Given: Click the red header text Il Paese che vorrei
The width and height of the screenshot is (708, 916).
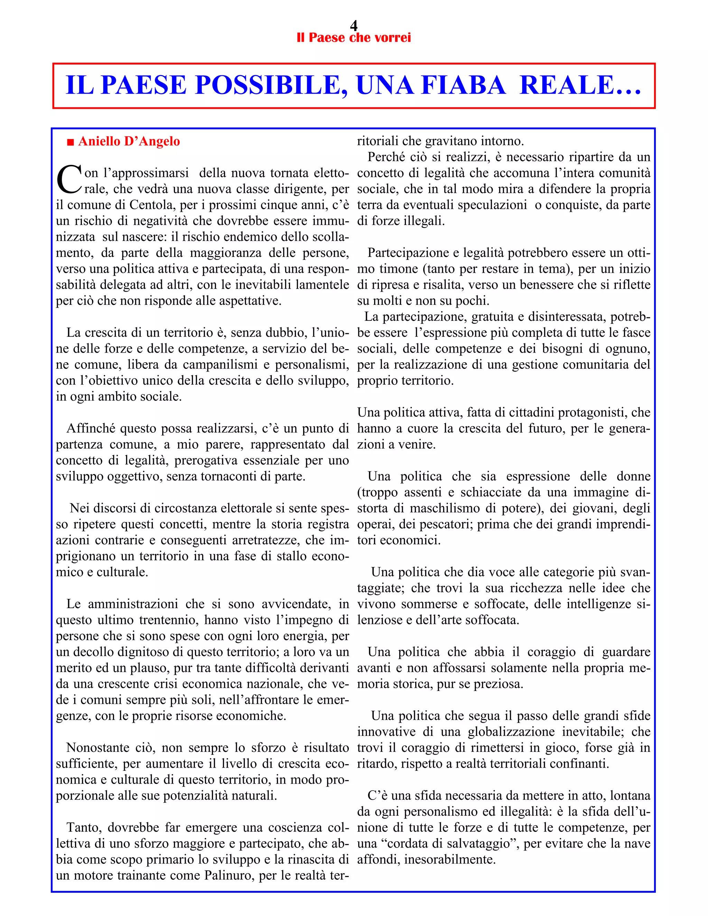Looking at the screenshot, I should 354,38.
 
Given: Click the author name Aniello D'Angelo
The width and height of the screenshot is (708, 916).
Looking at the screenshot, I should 129,141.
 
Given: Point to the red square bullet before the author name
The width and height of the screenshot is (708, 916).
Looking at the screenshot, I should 71,142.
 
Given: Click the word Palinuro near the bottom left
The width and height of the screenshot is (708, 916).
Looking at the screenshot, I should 230,875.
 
